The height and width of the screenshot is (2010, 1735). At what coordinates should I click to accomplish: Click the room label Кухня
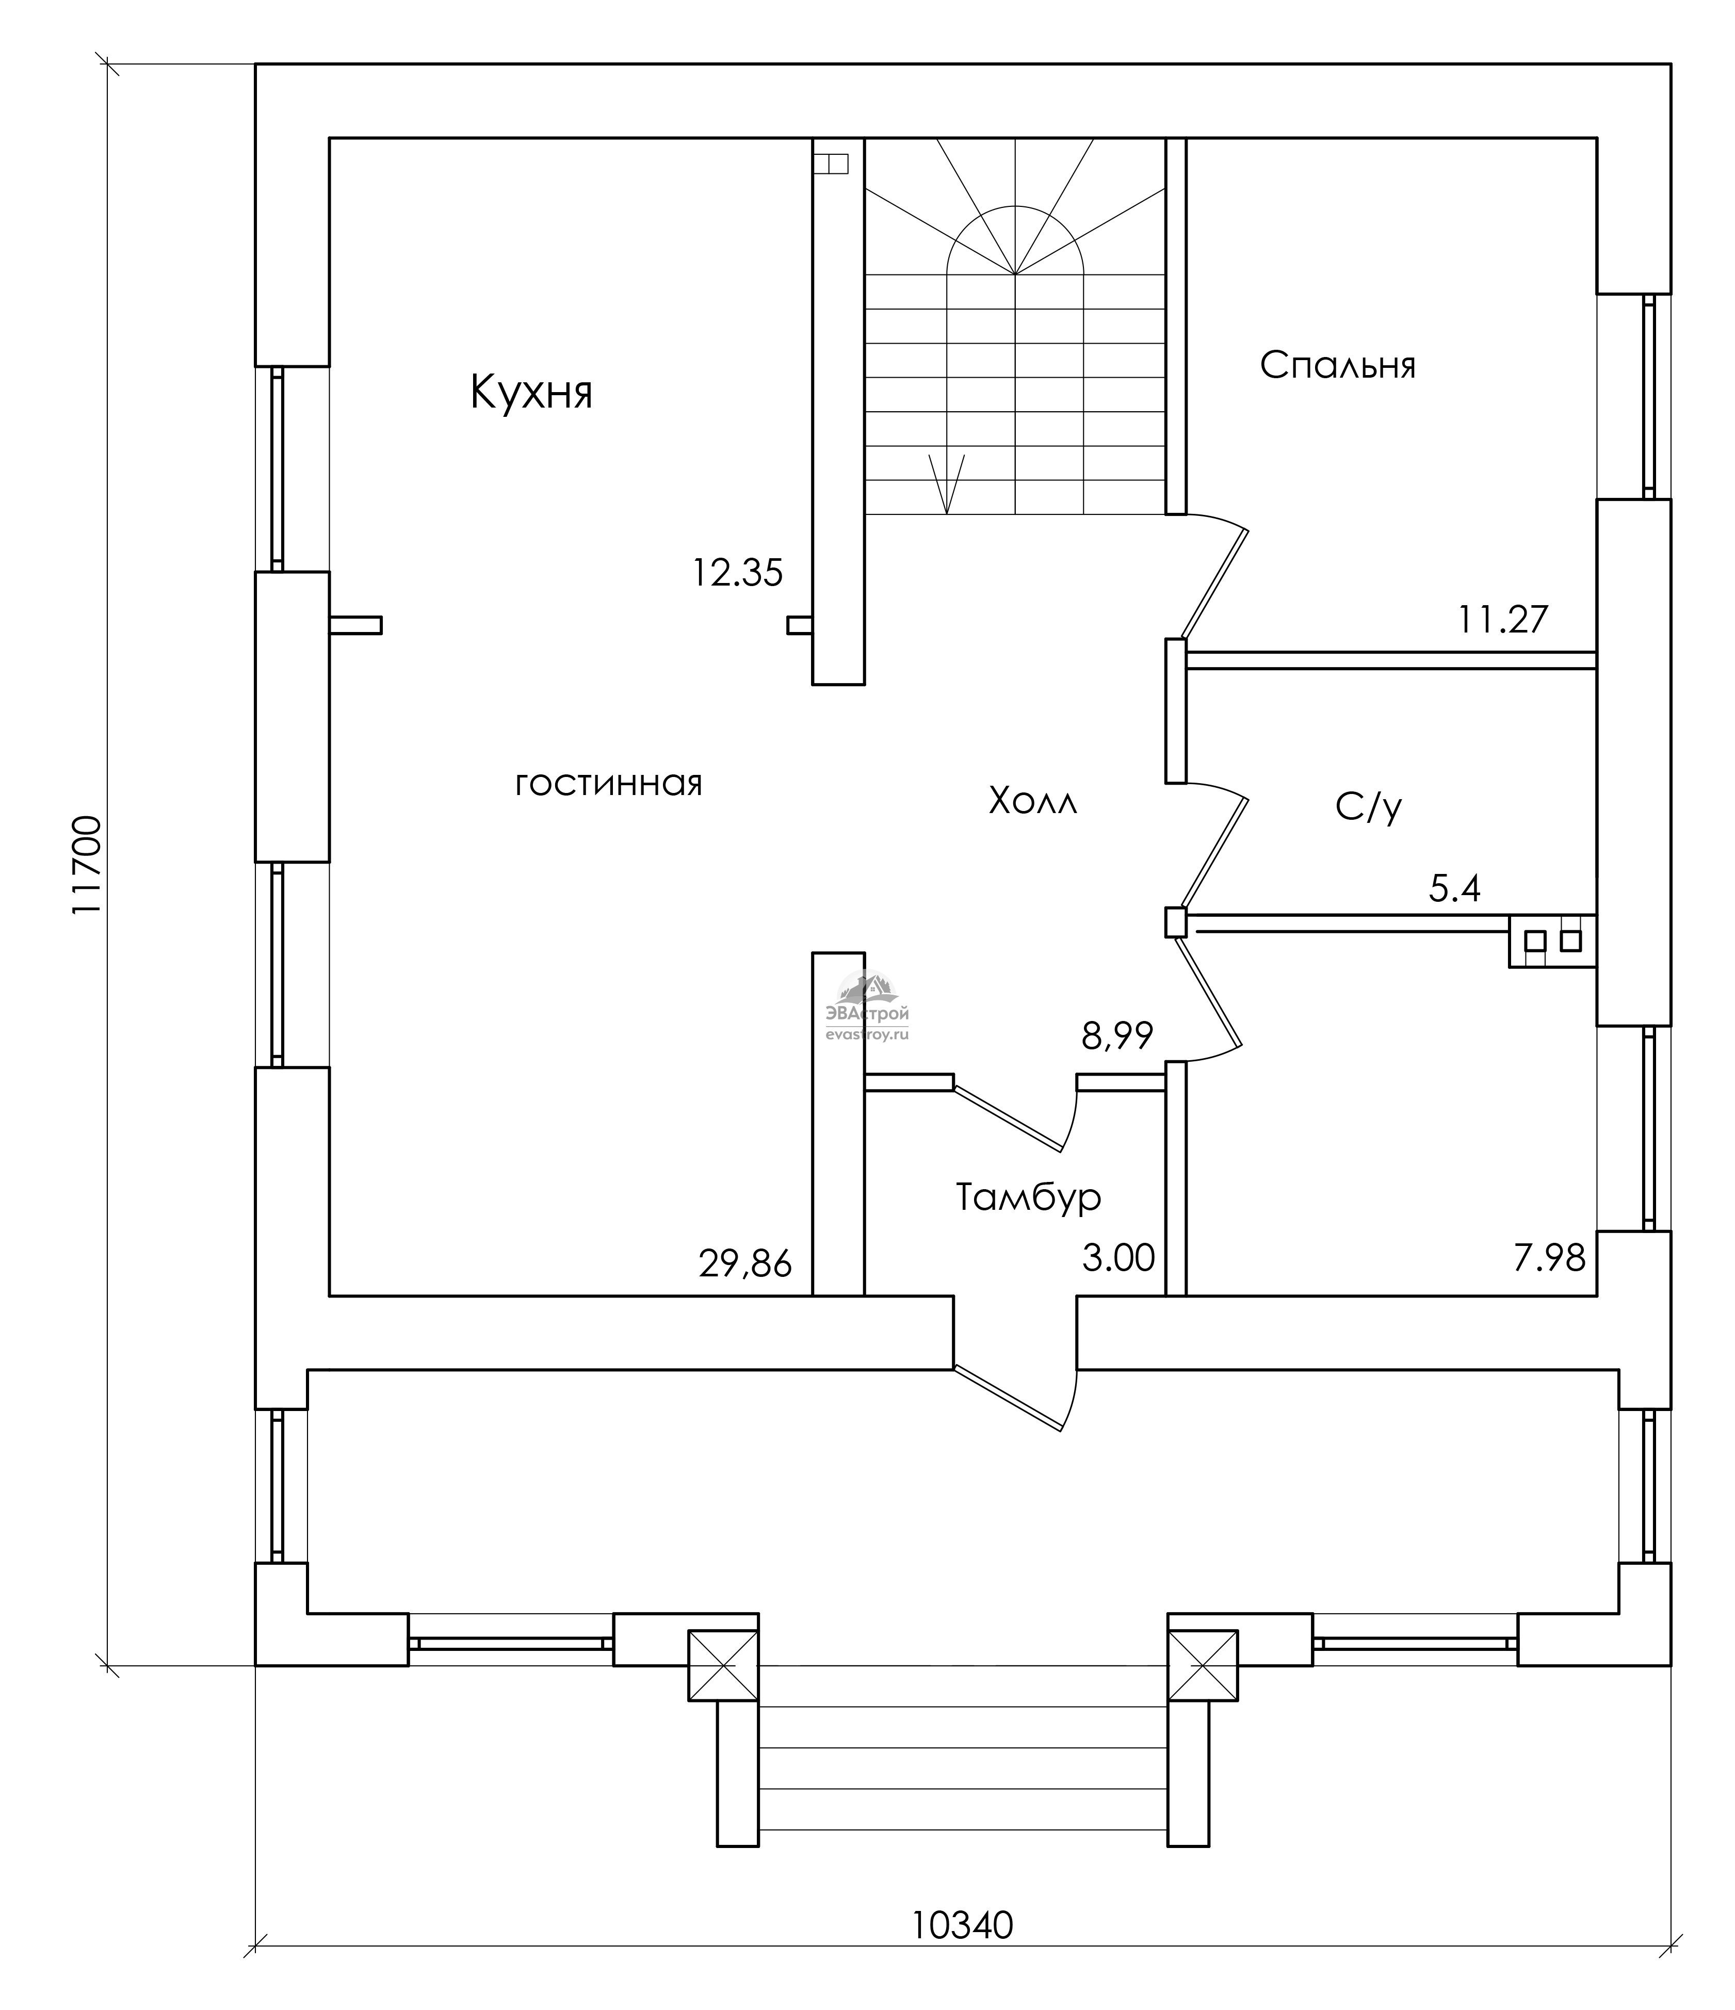[531, 393]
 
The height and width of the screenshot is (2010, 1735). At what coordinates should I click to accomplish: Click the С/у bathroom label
[1368, 806]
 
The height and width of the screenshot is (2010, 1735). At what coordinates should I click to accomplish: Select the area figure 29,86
[745, 1264]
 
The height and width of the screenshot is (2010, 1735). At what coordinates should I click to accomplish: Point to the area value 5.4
[1455, 888]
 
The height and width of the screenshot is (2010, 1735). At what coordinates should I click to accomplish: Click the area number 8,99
[1117, 1037]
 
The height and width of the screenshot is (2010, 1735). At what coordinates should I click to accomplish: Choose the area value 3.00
[1118, 1258]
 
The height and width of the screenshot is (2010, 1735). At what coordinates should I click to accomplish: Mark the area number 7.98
[1549, 1258]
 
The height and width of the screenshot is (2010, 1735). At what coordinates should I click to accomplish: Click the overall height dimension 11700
[87, 864]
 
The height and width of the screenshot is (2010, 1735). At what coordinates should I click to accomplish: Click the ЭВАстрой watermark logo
[867, 1006]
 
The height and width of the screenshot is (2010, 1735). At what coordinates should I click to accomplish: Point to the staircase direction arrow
[947, 483]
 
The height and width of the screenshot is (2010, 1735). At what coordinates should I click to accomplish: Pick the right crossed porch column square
[1203, 1665]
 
